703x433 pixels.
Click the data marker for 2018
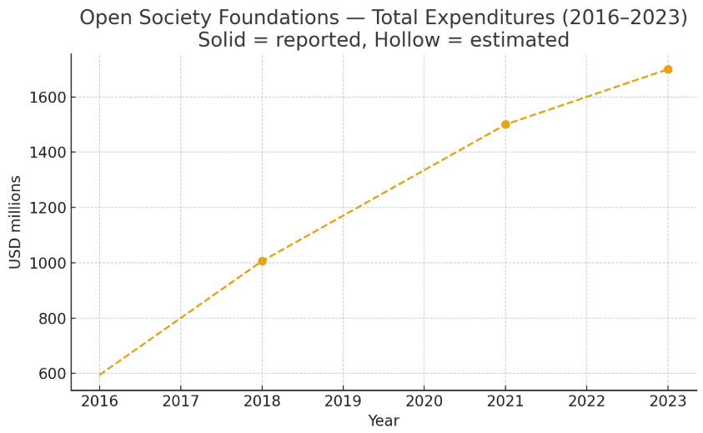coord(262,261)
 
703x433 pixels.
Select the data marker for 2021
coord(505,124)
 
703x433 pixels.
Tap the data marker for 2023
coord(668,69)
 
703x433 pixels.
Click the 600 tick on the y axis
coord(52,374)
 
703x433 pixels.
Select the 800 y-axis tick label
coord(52,319)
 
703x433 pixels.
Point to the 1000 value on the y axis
coord(48,263)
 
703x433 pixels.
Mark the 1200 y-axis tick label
coord(48,208)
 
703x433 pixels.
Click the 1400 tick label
coord(48,153)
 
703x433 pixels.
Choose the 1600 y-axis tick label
coord(48,98)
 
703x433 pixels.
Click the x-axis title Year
coord(384,421)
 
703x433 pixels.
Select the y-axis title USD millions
coord(16,222)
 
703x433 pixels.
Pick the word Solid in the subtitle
coord(225,40)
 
